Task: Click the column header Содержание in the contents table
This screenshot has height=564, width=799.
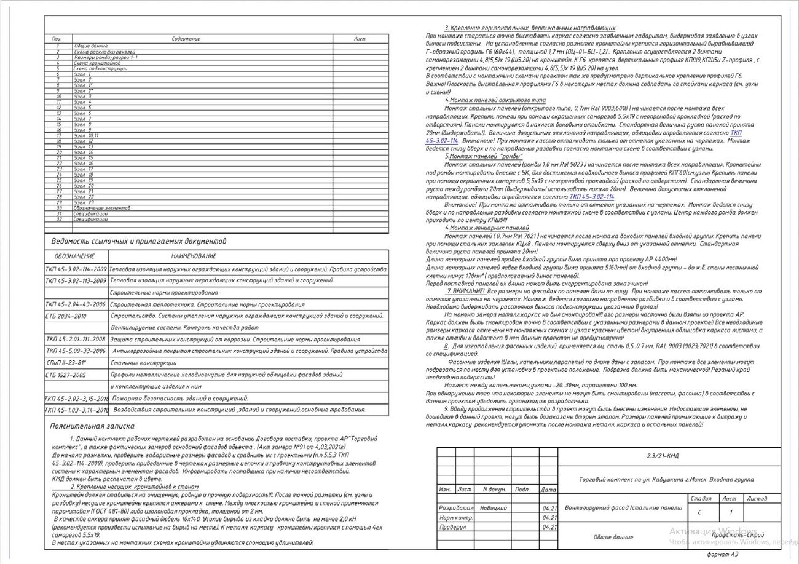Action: (x=186, y=39)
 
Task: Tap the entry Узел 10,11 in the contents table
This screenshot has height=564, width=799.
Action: (x=86, y=135)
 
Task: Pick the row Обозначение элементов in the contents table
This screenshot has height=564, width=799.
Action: (x=102, y=209)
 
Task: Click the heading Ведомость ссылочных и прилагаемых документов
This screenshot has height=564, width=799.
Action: (x=138, y=241)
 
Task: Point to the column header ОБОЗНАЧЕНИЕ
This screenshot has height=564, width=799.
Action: (x=75, y=256)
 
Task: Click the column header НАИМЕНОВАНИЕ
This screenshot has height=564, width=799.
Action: (x=194, y=256)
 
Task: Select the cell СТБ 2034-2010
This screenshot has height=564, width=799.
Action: (x=66, y=316)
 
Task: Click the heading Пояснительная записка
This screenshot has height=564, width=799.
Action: (x=92, y=426)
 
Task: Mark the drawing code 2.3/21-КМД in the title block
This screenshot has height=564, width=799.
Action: (x=663, y=456)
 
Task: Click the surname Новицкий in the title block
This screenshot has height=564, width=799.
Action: (x=494, y=509)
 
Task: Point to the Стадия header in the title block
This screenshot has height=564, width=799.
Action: (x=701, y=499)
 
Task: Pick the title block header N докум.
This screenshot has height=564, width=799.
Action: (x=494, y=490)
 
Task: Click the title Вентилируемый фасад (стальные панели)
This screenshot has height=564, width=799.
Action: (x=623, y=508)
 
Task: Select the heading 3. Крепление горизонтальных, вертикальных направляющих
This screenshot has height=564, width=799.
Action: (x=529, y=28)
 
